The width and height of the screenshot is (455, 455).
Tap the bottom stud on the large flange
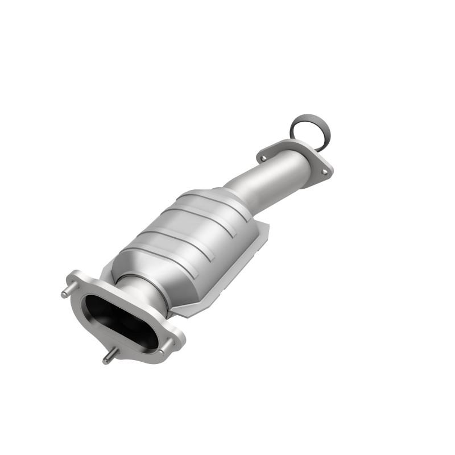107,359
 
